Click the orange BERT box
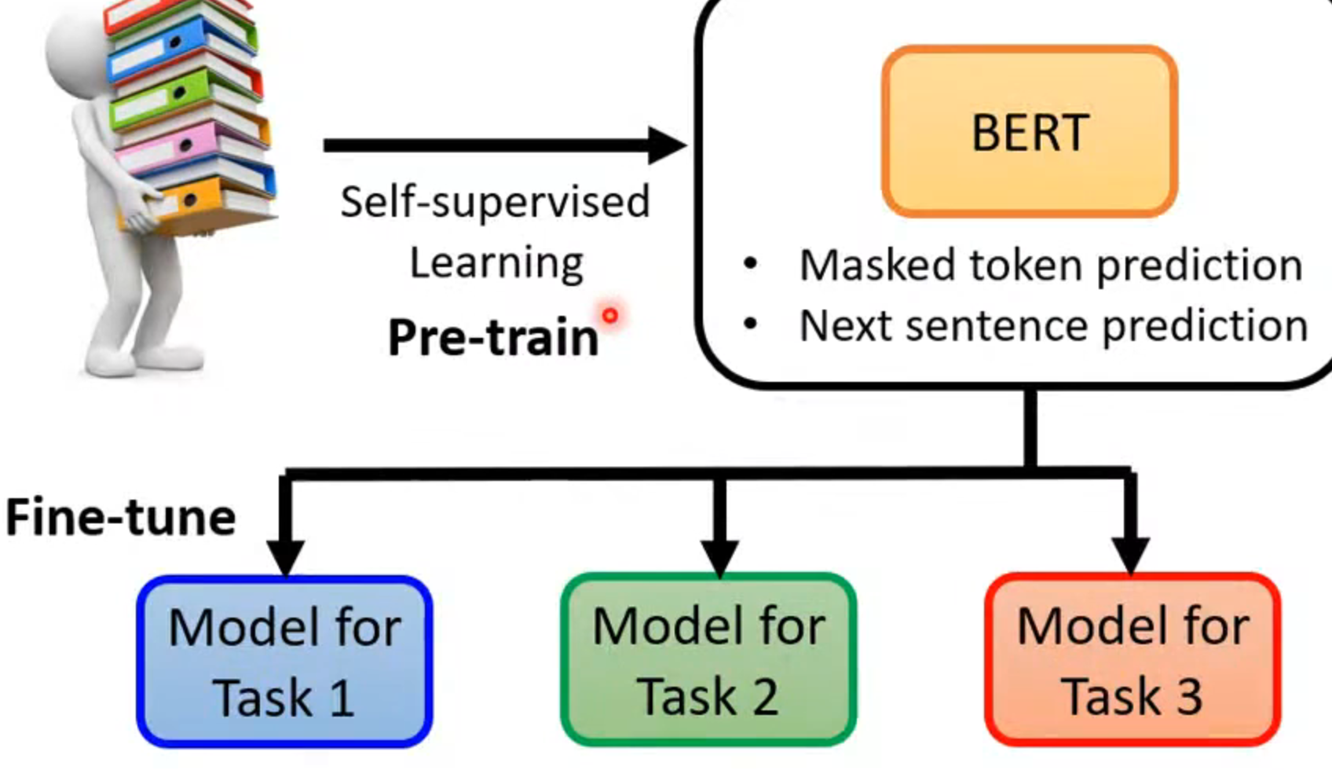pyautogui.click(x=1029, y=131)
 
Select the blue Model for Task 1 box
pyautogui.click(x=284, y=662)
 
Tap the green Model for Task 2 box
pyautogui.click(x=708, y=660)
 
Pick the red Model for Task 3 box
pyautogui.click(x=1133, y=660)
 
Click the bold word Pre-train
pyautogui.click(x=493, y=338)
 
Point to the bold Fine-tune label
pyautogui.click(x=120, y=518)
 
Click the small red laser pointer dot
pyautogui.click(x=609, y=316)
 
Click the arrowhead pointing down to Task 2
pyautogui.click(x=719, y=555)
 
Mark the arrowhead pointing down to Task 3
pyautogui.click(x=1131, y=555)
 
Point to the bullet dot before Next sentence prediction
pyautogui.click(x=750, y=323)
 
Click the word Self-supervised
pyautogui.click(x=495, y=203)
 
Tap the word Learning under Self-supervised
pyautogui.click(x=496, y=263)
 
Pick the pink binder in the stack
pyautogui.click(x=181, y=145)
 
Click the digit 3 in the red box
pyautogui.click(x=1187, y=696)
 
